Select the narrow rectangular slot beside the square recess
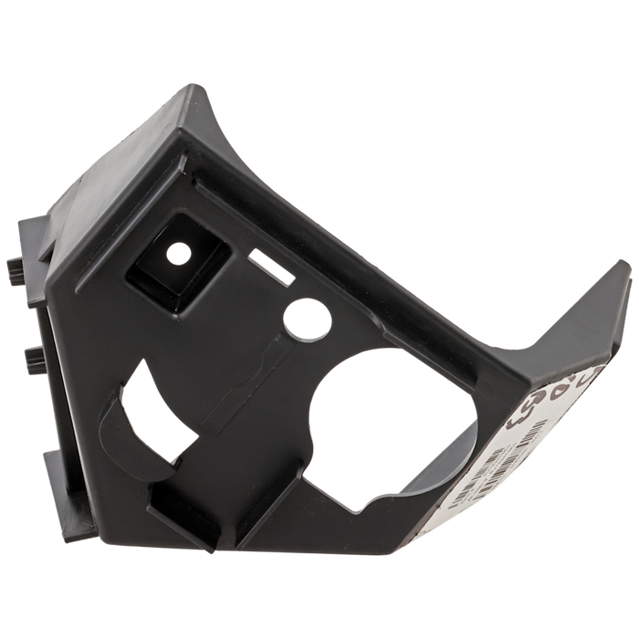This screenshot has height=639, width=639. click(271, 267)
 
